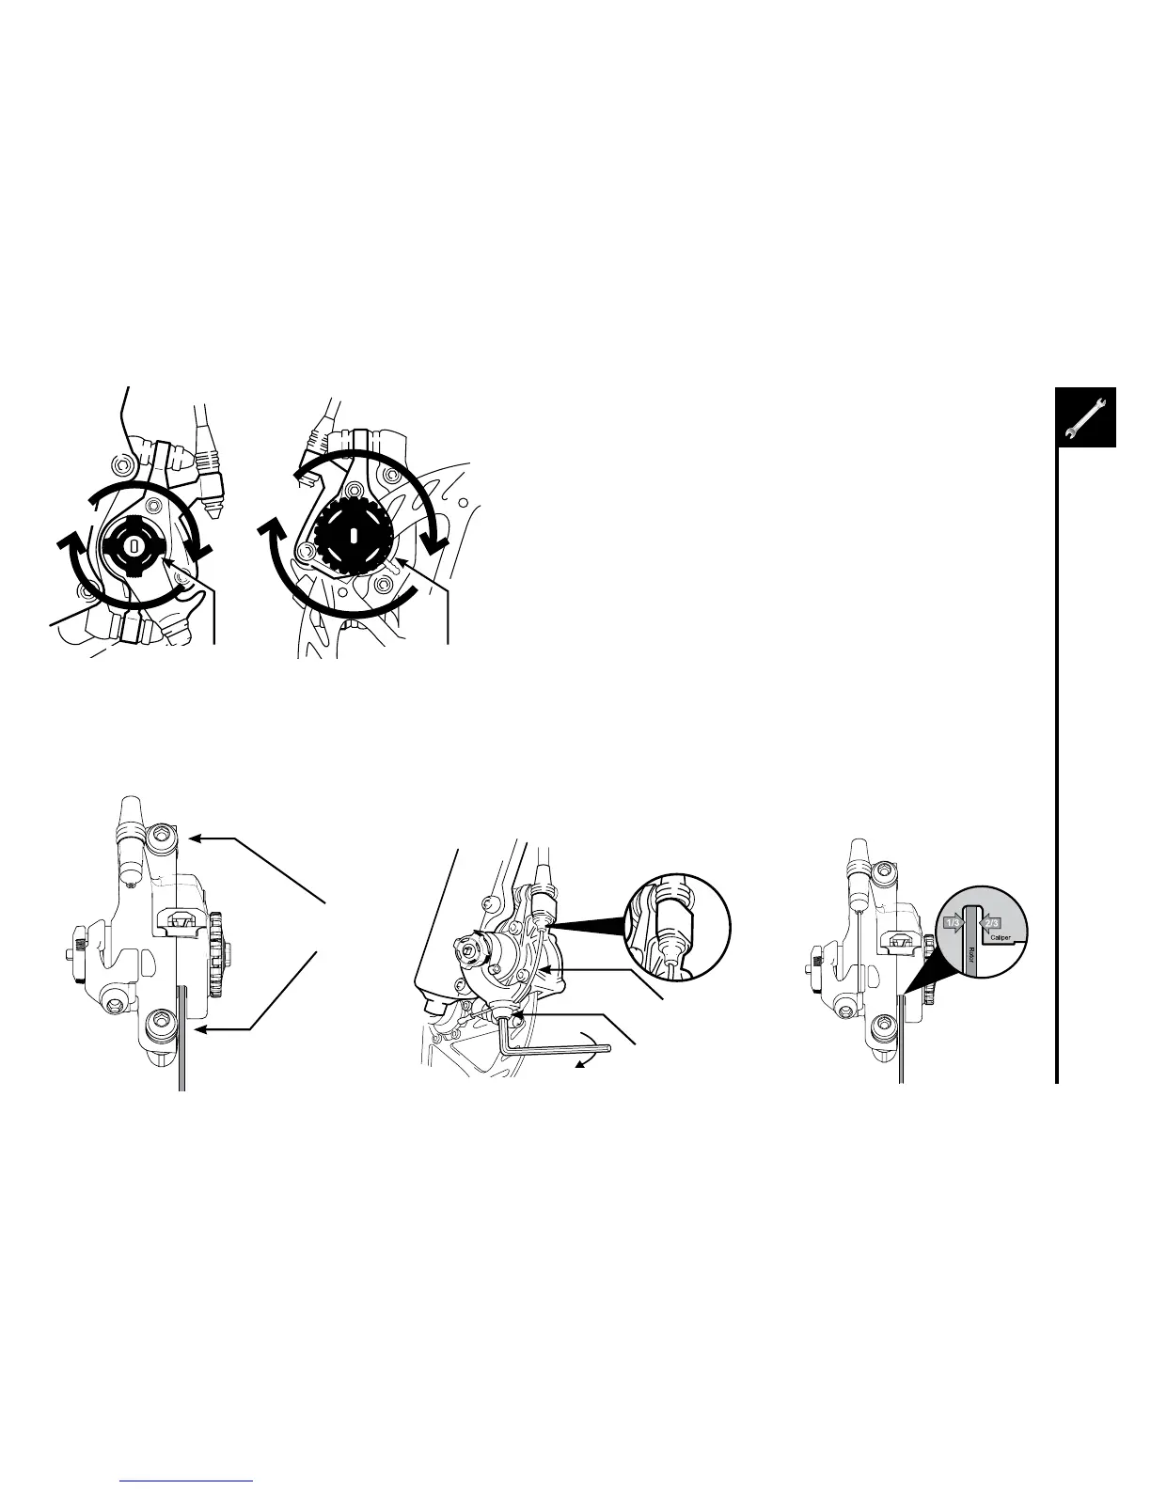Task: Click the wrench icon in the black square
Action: click(1085, 417)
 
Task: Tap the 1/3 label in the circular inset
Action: click(952, 923)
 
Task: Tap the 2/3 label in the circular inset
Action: click(990, 923)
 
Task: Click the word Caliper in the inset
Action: click(1000, 937)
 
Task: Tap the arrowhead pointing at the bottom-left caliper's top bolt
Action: click(194, 835)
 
